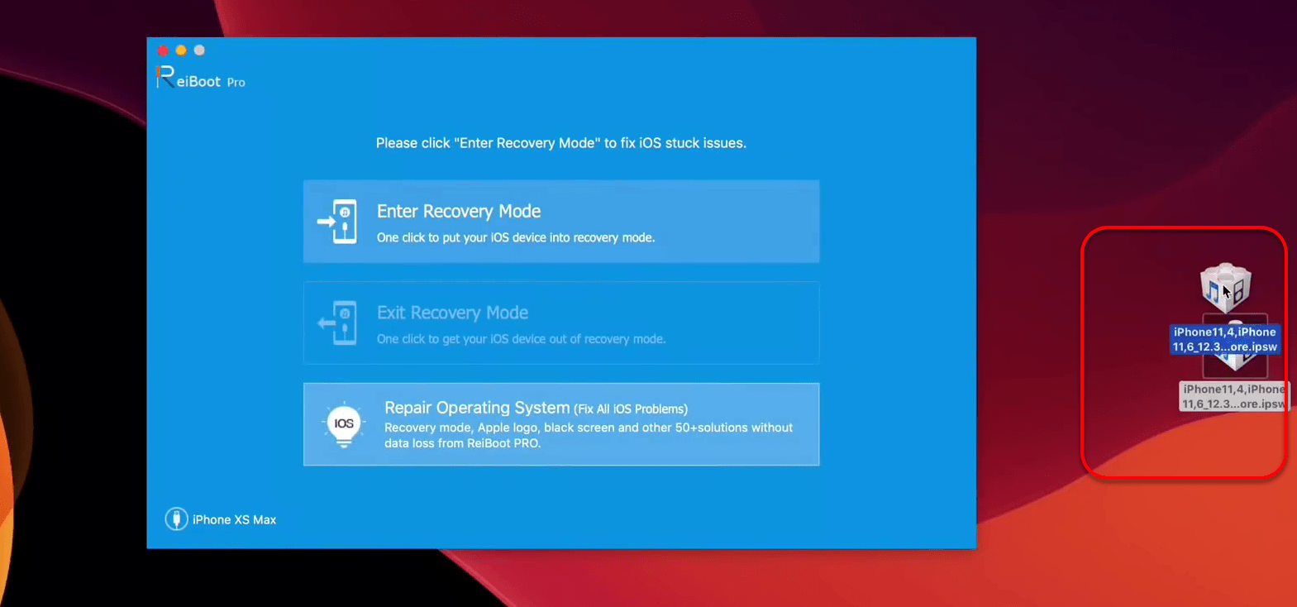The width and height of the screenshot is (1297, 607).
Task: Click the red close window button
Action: (163, 50)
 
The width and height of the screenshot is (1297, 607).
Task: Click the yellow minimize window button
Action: (181, 50)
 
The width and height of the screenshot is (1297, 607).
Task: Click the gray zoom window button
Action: (200, 50)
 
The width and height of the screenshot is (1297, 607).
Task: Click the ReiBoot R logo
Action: (165, 77)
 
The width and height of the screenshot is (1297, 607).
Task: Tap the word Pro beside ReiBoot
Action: (236, 83)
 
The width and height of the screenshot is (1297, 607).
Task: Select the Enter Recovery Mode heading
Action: (459, 212)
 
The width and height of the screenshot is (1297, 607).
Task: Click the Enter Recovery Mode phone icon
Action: (337, 222)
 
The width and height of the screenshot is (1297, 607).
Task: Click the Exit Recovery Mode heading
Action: (452, 313)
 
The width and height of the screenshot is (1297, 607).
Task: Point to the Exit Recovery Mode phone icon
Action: (337, 323)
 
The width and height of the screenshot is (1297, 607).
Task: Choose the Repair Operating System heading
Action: (477, 408)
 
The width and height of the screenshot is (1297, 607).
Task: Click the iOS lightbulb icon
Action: (344, 424)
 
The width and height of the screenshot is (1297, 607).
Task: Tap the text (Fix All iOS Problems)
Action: (631, 409)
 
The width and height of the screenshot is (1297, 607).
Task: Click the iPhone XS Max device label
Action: (234, 520)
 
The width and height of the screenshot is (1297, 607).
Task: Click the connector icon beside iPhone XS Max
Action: (176, 519)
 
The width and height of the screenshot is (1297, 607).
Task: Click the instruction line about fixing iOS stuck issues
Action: (561, 143)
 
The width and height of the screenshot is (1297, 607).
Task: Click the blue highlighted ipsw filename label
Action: (1224, 339)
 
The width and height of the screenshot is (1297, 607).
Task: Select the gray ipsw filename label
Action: (1234, 397)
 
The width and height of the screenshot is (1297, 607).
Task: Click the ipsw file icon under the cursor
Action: (1225, 288)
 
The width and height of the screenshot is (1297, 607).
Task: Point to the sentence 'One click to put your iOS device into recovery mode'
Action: (515, 238)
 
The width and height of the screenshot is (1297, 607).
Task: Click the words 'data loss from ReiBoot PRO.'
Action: (462, 443)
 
